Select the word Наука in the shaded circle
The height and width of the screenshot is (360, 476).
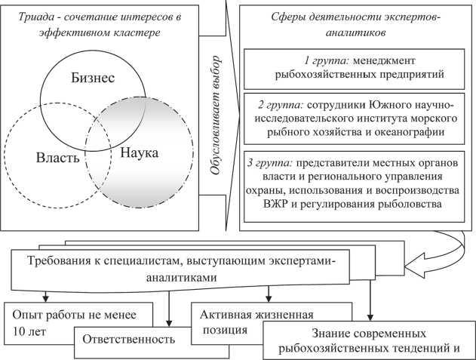[x=138, y=153]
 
